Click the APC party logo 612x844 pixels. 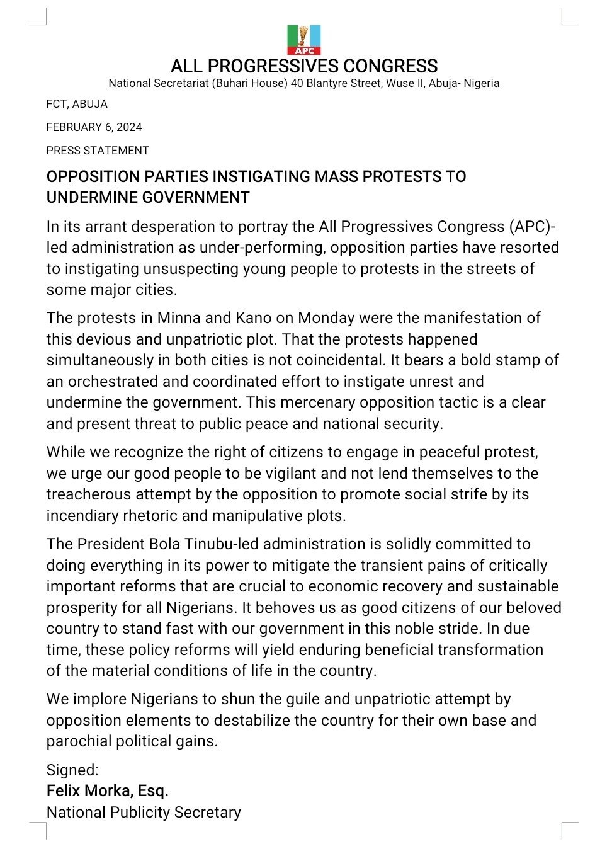click(x=304, y=40)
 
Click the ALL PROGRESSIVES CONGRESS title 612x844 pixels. click(x=304, y=66)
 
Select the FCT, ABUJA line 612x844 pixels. click(x=77, y=104)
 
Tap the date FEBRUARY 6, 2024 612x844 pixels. click(x=94, y=127)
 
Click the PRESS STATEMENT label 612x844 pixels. click(x=98, y=151)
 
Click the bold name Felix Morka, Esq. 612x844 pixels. click(x=107, y=791)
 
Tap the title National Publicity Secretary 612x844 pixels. click(x=144, y=813)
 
